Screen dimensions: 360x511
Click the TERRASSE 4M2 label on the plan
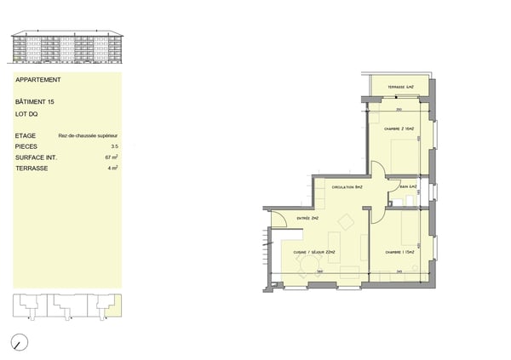click(400, 88)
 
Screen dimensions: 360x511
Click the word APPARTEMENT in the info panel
click(38, 80)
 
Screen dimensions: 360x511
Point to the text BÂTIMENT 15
click(35, 102)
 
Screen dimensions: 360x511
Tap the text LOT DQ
click(26, 113)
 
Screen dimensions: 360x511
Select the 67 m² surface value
click(111, 157)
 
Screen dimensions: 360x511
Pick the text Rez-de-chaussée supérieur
click(88, 135)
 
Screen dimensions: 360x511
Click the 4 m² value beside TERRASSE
click(112, 169)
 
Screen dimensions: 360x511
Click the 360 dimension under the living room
click(319, 271)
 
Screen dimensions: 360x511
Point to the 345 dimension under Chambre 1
click(399, 271)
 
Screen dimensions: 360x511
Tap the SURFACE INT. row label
click(35, 157)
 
